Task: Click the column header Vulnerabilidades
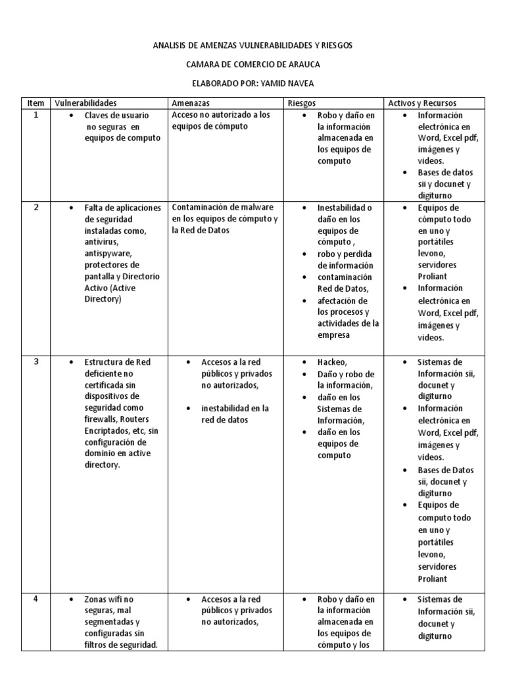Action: (x=85, y=103)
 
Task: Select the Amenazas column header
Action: (x=191, y=103)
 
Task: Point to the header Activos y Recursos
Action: (x=422, y=103)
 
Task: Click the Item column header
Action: (x=36, y=103)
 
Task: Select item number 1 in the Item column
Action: (x=36, y=115)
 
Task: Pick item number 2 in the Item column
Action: (x=36, y=207)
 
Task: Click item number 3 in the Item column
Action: (x=36, y=362)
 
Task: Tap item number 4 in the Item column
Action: (x=36, y=599)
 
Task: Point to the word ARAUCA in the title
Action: (x=303, y=64)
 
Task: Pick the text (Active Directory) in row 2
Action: (x=116, y=293)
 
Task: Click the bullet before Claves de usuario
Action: (x=70, y=116)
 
